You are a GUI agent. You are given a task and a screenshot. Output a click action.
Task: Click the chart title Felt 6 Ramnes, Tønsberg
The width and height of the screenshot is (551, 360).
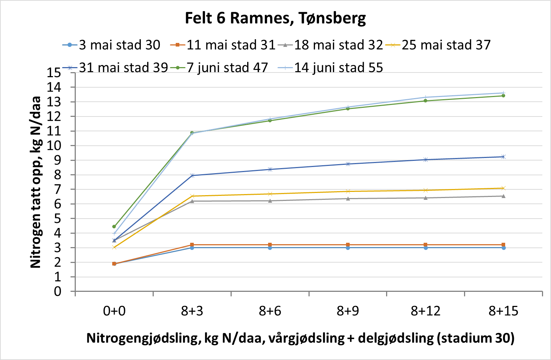pos(275,18)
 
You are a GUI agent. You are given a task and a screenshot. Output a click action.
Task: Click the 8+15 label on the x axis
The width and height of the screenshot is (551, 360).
pos(503,311)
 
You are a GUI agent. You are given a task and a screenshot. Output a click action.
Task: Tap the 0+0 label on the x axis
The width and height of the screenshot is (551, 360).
pos(114,311)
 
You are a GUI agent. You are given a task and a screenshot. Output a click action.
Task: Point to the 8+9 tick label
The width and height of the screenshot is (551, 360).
pos(348,311)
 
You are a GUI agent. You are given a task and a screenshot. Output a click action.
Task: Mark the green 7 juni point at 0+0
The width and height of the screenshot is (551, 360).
pos(114,227)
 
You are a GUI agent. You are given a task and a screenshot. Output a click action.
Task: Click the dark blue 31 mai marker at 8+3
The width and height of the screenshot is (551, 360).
pos(192,175)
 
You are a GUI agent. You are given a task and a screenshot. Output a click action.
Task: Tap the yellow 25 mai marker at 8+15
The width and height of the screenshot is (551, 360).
pos(503,188)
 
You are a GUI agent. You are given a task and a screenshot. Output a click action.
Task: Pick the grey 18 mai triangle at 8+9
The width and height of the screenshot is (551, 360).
pos(348,198)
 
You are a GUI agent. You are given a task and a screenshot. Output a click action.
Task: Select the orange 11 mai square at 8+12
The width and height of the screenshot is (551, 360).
pos(426,245)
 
